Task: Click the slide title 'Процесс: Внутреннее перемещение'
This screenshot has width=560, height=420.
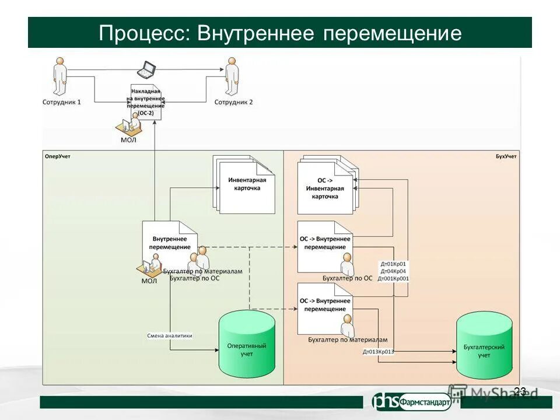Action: (280, 33)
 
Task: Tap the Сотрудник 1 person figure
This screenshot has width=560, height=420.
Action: (60, 76)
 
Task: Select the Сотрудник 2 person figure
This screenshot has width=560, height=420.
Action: (232, 76)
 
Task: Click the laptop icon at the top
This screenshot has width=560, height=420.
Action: (146, 70)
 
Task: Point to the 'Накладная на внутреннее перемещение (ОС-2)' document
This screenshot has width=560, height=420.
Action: (146, 101)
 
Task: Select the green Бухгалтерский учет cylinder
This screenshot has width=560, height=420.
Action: (484, 345)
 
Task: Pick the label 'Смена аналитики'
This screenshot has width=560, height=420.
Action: (170, 335)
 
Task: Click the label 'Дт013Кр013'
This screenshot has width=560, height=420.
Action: (378, 351)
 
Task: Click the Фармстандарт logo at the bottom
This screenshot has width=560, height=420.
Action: (412, 401)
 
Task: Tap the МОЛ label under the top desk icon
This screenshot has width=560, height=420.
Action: (128, 140)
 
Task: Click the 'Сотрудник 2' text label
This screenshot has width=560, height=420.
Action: (233, 102)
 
